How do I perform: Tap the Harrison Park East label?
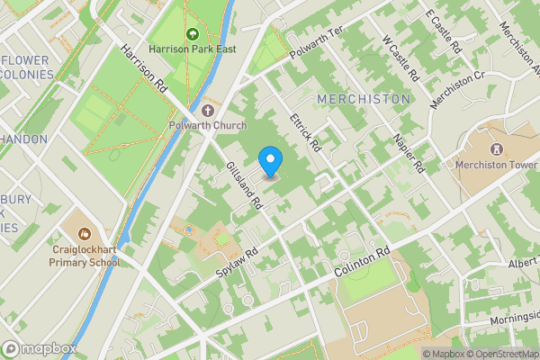click(193, 49)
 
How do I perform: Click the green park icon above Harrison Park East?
click(191, 34)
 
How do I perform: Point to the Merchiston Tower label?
click(495, 164)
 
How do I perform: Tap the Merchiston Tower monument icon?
click(494, 148)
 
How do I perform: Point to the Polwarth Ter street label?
click(317, 44)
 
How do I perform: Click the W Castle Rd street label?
click(401, 59)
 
